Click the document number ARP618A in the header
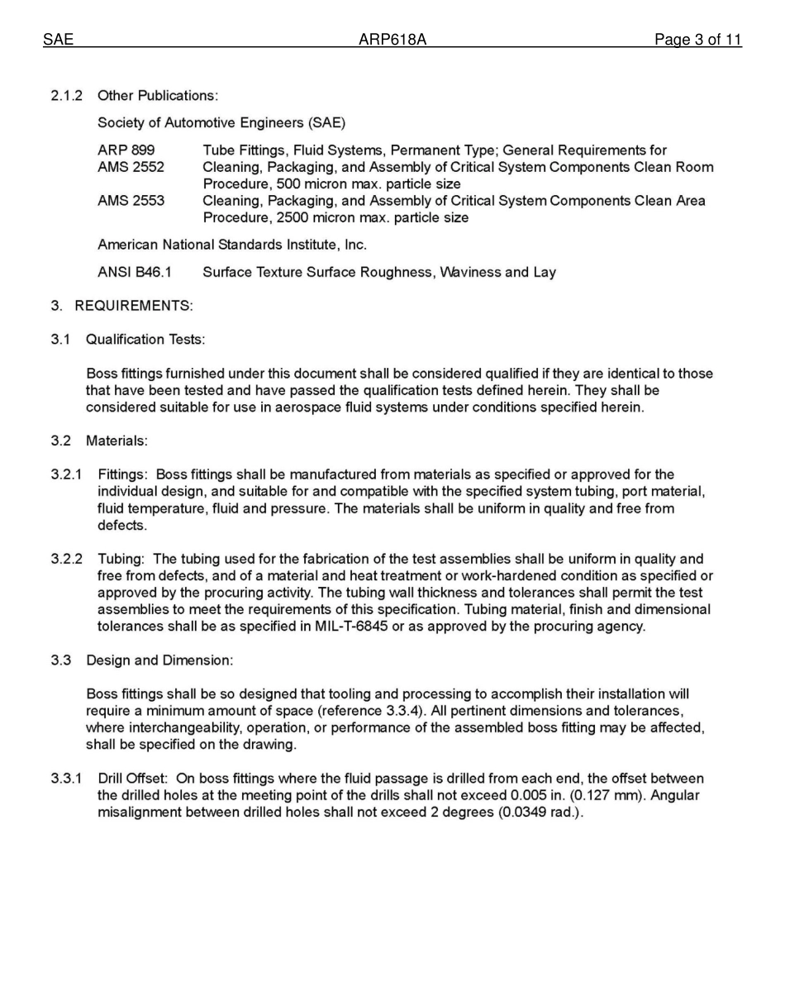click(392, 40)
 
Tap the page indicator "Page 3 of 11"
click(697, 40)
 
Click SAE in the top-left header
click(58, 40)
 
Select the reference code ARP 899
click(126, 150)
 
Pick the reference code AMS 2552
click(131, 167)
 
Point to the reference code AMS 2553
click(131, 201)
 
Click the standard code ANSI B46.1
click(135, 272)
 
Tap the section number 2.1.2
click(67, 96)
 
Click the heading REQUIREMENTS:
click(134, 306)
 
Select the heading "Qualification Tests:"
click(145, 340)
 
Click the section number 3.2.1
click(67, 474)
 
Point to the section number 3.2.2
click(67, 560)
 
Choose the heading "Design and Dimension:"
click(159, 660)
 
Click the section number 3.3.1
click(67, 779)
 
